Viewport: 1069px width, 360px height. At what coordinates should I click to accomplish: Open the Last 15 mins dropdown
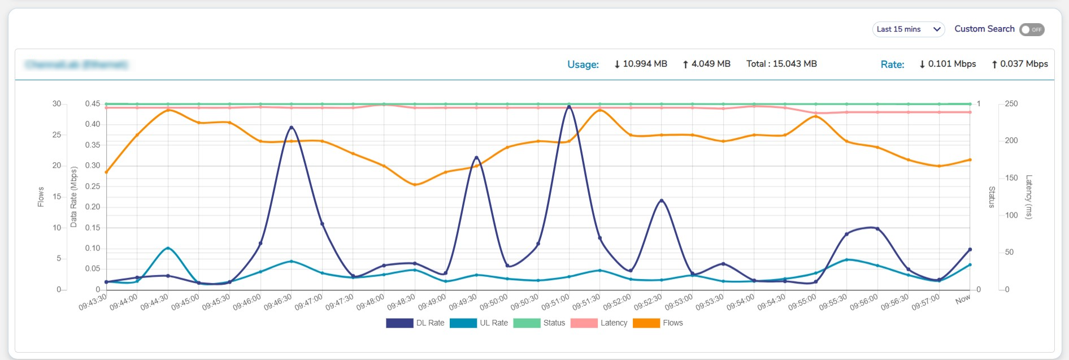point(908,29)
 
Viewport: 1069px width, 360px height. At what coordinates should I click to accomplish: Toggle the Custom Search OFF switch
point(1032,29)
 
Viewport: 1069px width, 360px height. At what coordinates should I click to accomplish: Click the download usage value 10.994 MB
point(641,64)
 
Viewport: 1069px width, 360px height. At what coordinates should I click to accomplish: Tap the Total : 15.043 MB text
point(781,64)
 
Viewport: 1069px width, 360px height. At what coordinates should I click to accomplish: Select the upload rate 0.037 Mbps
point(1020,64)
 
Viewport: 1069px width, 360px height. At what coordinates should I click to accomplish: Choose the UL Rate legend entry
point(479,323)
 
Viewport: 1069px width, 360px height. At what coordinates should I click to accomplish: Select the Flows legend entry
point(658,323)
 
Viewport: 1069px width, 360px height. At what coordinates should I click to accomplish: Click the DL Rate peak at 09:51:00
point(569,106)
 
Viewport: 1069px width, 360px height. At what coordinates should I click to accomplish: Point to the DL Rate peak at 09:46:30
point(292,127)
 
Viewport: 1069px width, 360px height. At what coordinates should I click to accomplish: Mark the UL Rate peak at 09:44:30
point(168,248)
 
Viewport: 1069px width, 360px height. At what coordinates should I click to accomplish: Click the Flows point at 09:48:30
point(415,185)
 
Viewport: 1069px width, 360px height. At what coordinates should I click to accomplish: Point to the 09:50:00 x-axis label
point(493,302)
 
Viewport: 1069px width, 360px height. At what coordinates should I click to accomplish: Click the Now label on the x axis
point(962,300)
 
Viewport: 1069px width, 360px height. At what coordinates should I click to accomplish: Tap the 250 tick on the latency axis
point(1011,104)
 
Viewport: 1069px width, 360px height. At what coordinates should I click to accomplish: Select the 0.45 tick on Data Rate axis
point(92,104)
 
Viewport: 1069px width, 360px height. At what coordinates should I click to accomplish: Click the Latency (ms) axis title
point(1029,197)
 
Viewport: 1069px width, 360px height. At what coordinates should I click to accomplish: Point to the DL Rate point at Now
point(970,249)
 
